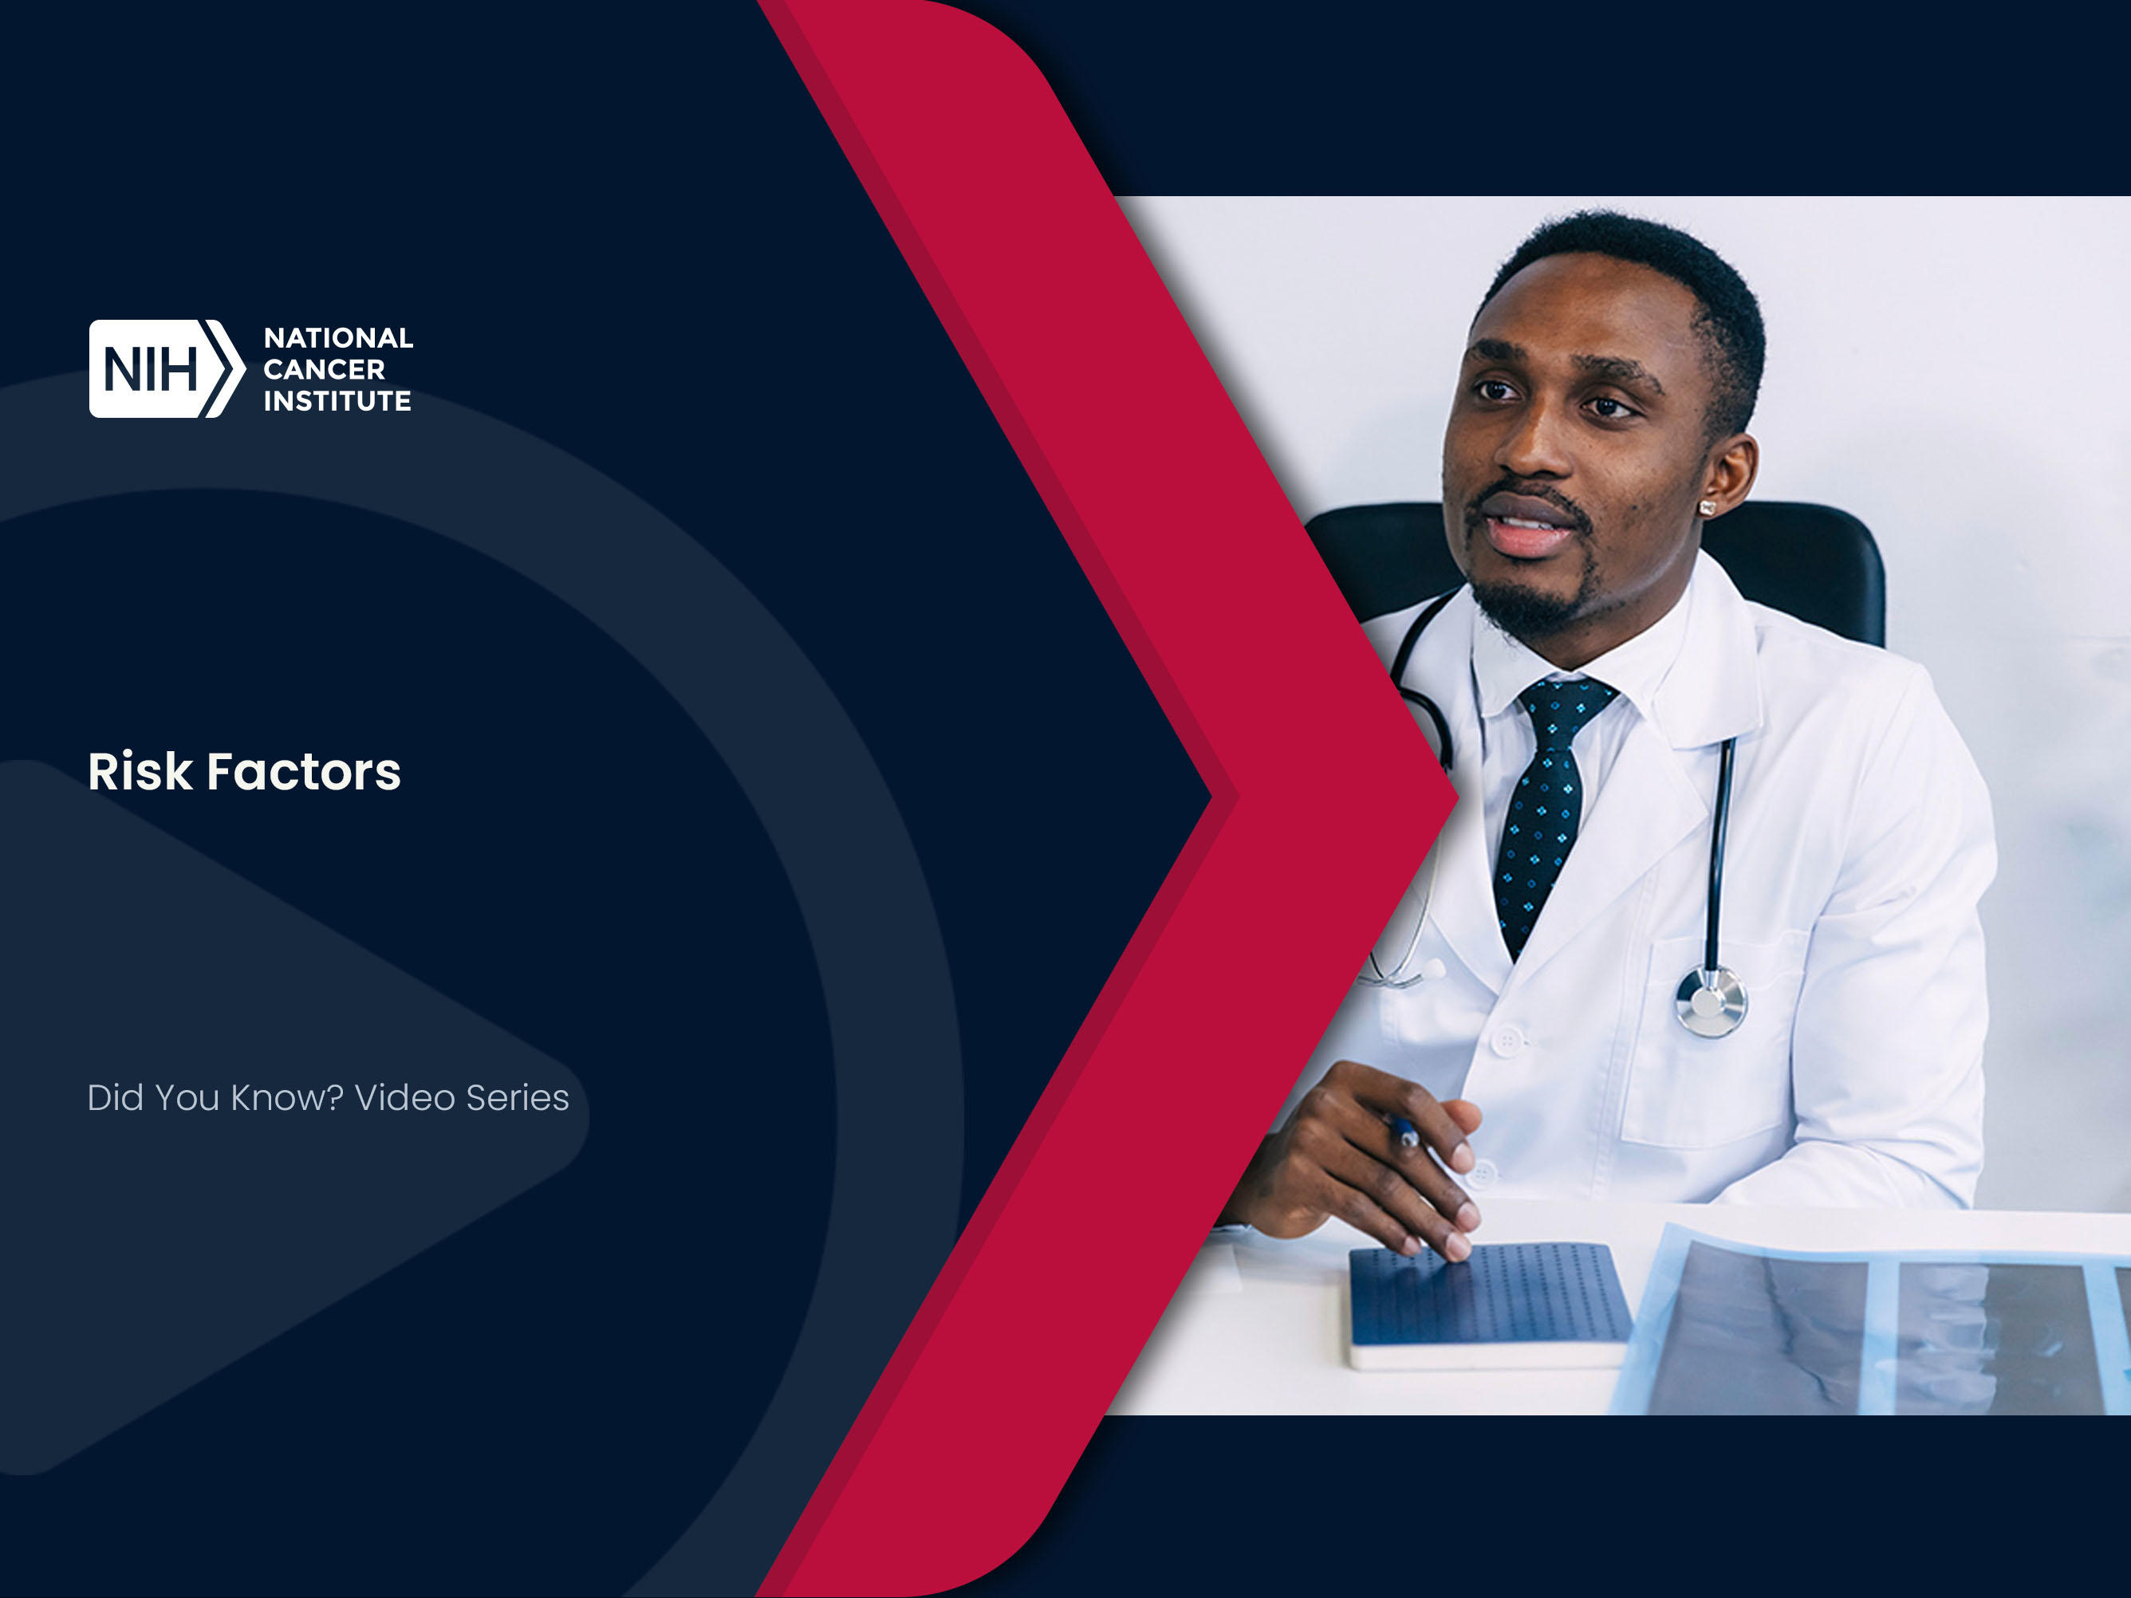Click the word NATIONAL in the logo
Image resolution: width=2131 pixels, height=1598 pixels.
[338, 338]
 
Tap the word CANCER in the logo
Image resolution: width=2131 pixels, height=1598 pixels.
[324, 369]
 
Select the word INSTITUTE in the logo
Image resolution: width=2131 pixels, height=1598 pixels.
[337, 401]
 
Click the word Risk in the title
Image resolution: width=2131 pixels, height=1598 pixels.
[140, 772]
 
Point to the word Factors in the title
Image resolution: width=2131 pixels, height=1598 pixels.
[304, 772]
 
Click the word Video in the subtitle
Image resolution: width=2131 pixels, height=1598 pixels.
[404, 1098]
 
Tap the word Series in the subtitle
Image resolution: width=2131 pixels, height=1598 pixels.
[518, 1098]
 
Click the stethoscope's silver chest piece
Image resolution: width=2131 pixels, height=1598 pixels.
[1711, 1002]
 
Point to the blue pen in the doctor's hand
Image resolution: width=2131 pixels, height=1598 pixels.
[1404, 1131]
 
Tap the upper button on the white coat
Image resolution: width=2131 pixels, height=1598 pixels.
[1507, 1041]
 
